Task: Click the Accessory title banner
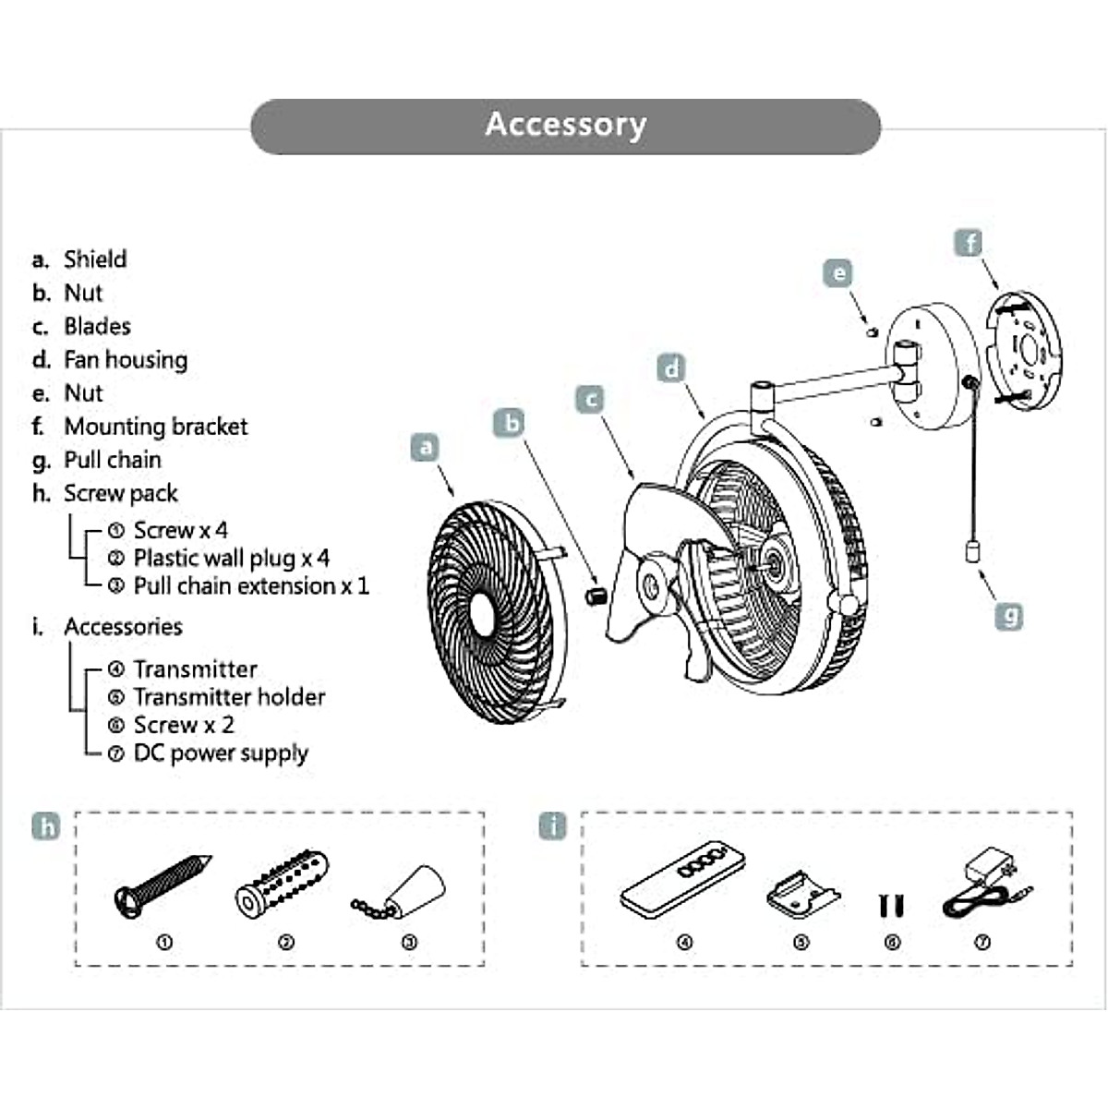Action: (565, 126)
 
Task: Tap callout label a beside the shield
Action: (425, 448)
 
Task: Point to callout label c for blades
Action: (590, 399)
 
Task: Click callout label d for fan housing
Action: (671, 368)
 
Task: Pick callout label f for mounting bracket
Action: (969, 244)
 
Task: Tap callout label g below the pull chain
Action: (1011, 615)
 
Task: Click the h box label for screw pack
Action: (46, 826)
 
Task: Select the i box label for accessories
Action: (552, 826)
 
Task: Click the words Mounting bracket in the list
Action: (155, 427)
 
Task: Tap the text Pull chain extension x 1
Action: (250, 586)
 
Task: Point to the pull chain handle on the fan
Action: (971, 552)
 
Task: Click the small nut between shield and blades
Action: (595, 595)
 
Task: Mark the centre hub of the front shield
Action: (483, 612)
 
